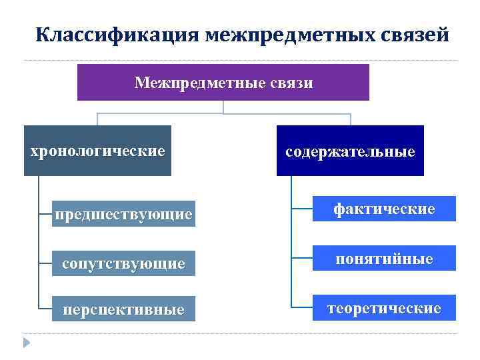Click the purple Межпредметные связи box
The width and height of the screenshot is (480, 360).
pyautogui.click(x=223, y=83)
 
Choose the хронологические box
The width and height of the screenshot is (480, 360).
pyautogui.click(x=97, y=151)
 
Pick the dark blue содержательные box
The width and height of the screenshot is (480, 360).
pyautogui.click(x=350, y=151)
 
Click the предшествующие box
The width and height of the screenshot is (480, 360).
pyautogui.click(x=124, y=214)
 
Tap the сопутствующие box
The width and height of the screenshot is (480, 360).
pyautogui.click(x=124, y=263)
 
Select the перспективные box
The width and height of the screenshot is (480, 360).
pyautogui.click(x=124, y=309)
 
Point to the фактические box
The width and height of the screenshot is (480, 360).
pyautogui.click(x=384, y=209)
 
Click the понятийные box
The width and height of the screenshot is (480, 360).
pyautogui.click(x=384, y=259)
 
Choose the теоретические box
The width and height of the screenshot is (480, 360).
pyautogui.click(x=384, y=308)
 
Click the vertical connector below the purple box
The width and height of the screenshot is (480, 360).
pyautogui.click(x=223, y=107)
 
